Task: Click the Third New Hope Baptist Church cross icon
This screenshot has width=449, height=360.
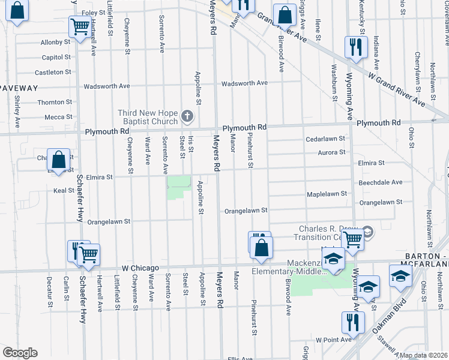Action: [187, 116]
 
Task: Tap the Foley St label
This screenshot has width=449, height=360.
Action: [93, 13]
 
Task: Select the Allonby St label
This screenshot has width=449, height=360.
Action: [56, 42]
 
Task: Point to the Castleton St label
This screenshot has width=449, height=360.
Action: [53, 72]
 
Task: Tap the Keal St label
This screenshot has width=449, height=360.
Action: [63, 190]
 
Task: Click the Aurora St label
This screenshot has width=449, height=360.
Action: [333, 152]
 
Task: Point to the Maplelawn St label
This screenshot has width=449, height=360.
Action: [327, 193]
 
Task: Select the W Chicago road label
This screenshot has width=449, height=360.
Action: [140, 268]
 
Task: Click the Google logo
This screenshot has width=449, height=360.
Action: [20, 353]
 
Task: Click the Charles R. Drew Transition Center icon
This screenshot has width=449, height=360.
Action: [367, 232]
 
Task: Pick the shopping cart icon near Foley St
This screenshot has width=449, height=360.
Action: [79, 26]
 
